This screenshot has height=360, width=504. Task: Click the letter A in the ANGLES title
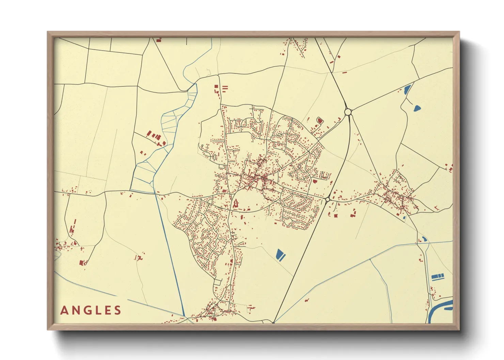point(64,310)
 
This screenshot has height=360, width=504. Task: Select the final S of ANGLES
point(118,310)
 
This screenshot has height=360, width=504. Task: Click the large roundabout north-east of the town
point(348,112)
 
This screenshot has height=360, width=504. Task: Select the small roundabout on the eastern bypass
point(328,199)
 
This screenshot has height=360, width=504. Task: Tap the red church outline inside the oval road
point(236,204)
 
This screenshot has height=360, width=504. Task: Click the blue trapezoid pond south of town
point(280,254)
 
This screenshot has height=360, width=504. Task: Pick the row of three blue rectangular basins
point(438,277)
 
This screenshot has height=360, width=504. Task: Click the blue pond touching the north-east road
point(407,89)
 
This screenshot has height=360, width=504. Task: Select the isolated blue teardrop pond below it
point(416,109)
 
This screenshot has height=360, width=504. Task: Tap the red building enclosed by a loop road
point(319,120)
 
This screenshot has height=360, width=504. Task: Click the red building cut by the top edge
point(159,40)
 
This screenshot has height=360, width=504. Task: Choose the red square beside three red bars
point(216,87)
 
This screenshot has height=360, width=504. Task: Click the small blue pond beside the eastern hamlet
point(404,217)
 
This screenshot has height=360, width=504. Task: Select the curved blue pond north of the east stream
point(425,239)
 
